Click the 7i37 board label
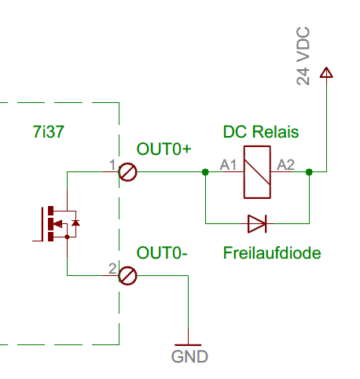click(x=49, y=131)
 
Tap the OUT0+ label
click(x=164, y=149)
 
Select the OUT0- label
click(x=162, y=253)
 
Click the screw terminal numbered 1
click(x=127, y=172)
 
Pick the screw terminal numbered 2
click(x=127, y=276)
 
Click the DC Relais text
click(x=261, y=131)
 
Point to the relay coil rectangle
click(x=257, y=172)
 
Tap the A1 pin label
click(x=228, y=165)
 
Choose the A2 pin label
click(x=286, y=165)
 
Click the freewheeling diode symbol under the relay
click(x=257, y=223)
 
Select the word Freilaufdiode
click(x=272, y=253)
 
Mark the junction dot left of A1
click(x=205, y=172)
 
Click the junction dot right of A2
click(x=309, y=172)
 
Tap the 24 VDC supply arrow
click(x=326, y=72)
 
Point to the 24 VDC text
click(x=303, y=56)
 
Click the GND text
click(x=189, y=357)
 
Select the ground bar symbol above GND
click(x=188, y=345)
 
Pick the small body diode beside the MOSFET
click(x=75, y=223)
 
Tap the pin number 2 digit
click(x=112, y=268)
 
